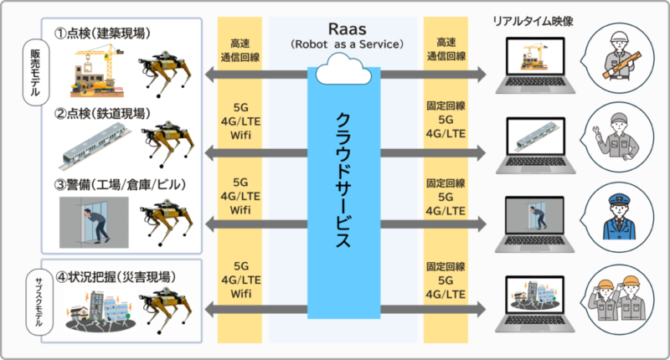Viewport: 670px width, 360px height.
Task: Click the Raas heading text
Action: pos(347,29)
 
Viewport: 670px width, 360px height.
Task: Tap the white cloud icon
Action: pos(343,69)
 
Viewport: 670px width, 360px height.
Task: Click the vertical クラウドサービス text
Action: pos(343,180)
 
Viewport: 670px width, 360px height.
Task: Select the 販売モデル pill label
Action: pos(35,73)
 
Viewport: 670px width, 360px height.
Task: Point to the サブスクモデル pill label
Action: pos(39,302)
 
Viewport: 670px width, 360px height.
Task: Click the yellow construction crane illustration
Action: pos(97,70)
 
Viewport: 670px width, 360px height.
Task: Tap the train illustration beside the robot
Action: pos(95,146)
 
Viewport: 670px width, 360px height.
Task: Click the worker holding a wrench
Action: pos(616,136)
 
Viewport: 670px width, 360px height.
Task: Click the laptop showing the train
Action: pos(535,145)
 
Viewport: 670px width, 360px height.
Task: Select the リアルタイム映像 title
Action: pos(533,21)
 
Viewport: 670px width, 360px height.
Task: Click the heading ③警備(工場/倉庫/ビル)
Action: pos(121,184)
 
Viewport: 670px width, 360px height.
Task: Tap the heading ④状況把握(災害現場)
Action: pos(116,277)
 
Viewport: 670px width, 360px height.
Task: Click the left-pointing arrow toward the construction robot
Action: pos(256,75)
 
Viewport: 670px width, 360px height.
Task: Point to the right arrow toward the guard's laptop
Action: pos(433,224)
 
